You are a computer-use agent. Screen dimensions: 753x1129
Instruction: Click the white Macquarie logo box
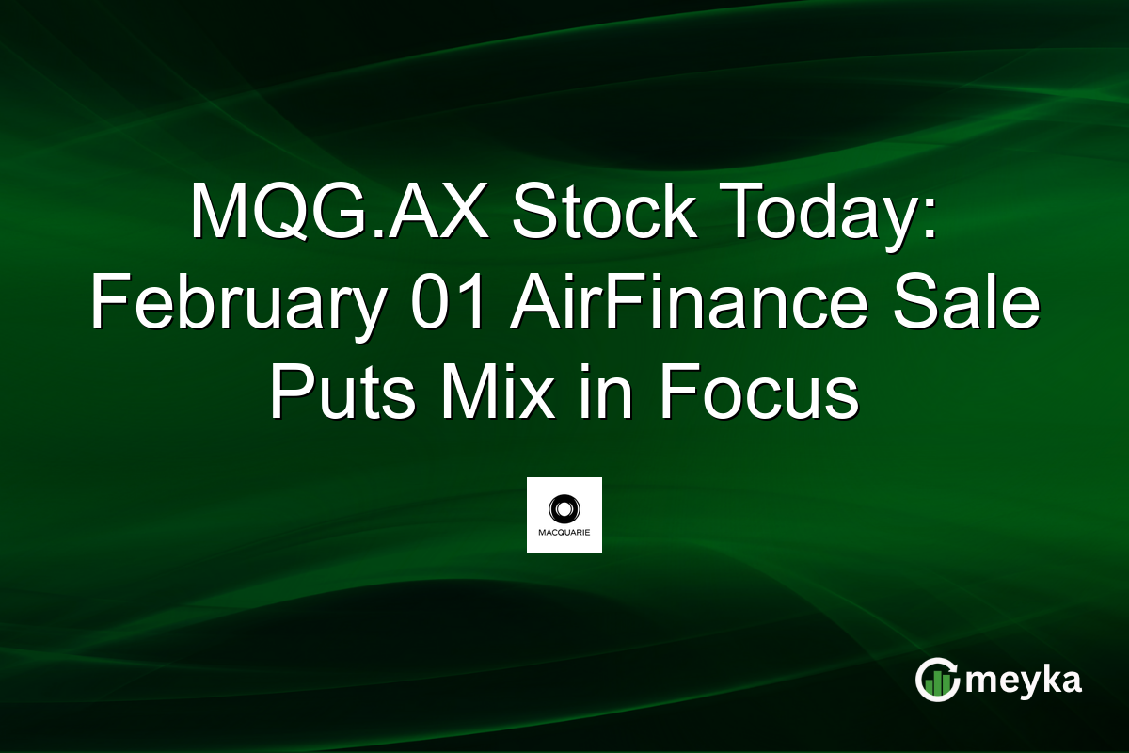coord(564,514)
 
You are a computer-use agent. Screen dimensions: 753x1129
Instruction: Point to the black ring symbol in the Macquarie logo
coord(564,508)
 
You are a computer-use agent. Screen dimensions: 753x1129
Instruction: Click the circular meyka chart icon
coord(938,680)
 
